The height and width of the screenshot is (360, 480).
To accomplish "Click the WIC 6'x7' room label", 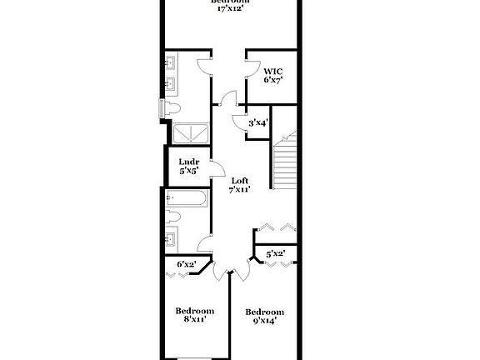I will (x=272, y=75).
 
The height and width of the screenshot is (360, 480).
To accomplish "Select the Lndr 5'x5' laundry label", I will (x=188, y=166).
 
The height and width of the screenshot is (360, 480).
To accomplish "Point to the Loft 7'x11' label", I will (x=240, y=185).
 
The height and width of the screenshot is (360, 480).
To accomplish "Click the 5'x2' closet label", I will (x=276, y=254).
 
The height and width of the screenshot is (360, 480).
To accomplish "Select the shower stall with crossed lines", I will (x=190, y=132).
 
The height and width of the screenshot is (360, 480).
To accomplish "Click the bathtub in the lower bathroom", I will (x=186, y=199).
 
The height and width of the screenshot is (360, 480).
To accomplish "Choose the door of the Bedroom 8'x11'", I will (x=220, y=272).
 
